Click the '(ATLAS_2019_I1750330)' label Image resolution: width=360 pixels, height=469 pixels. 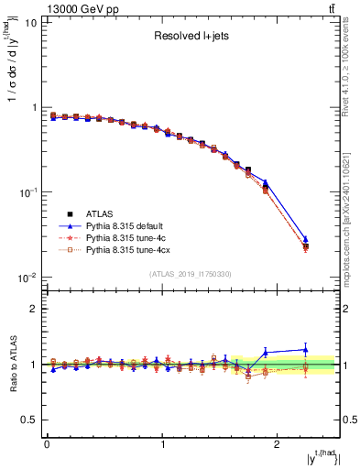point(191,274)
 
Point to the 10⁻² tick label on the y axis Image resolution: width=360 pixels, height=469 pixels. point(27,278)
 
